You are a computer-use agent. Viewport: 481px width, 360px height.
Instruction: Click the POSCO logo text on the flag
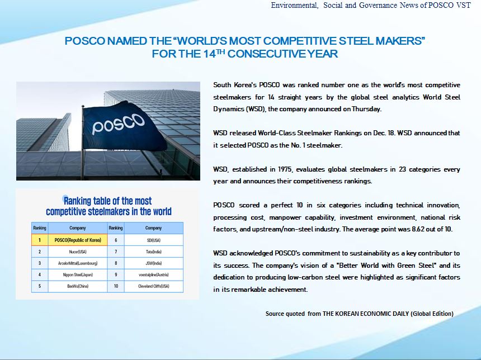click(118, 124)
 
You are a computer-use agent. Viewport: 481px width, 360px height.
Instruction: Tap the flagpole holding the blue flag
click(83, 143)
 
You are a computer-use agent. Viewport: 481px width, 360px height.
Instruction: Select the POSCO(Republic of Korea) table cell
click(78, 240)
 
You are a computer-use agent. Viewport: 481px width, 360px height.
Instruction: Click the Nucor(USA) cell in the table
click(78, 252)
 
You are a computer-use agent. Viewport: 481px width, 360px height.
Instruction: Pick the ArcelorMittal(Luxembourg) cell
click(78, 263)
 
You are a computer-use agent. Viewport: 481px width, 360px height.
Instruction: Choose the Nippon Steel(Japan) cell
click(78, 274)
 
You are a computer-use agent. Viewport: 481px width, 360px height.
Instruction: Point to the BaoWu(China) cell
click(78, 286)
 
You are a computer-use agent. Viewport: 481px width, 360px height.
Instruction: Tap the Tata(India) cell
click(153, 252)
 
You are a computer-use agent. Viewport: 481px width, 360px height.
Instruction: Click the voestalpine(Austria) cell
click(153, 274)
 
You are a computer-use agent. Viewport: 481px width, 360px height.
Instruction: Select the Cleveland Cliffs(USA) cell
click(153, 286)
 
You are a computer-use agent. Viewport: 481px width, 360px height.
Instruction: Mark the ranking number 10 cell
click(116, 286)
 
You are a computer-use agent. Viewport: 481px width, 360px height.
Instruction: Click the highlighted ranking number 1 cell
click(40, 240)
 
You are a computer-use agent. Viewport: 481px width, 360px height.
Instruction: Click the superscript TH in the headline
click(220, 51)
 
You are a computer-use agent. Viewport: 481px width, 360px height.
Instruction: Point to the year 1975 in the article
click(285, 169)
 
